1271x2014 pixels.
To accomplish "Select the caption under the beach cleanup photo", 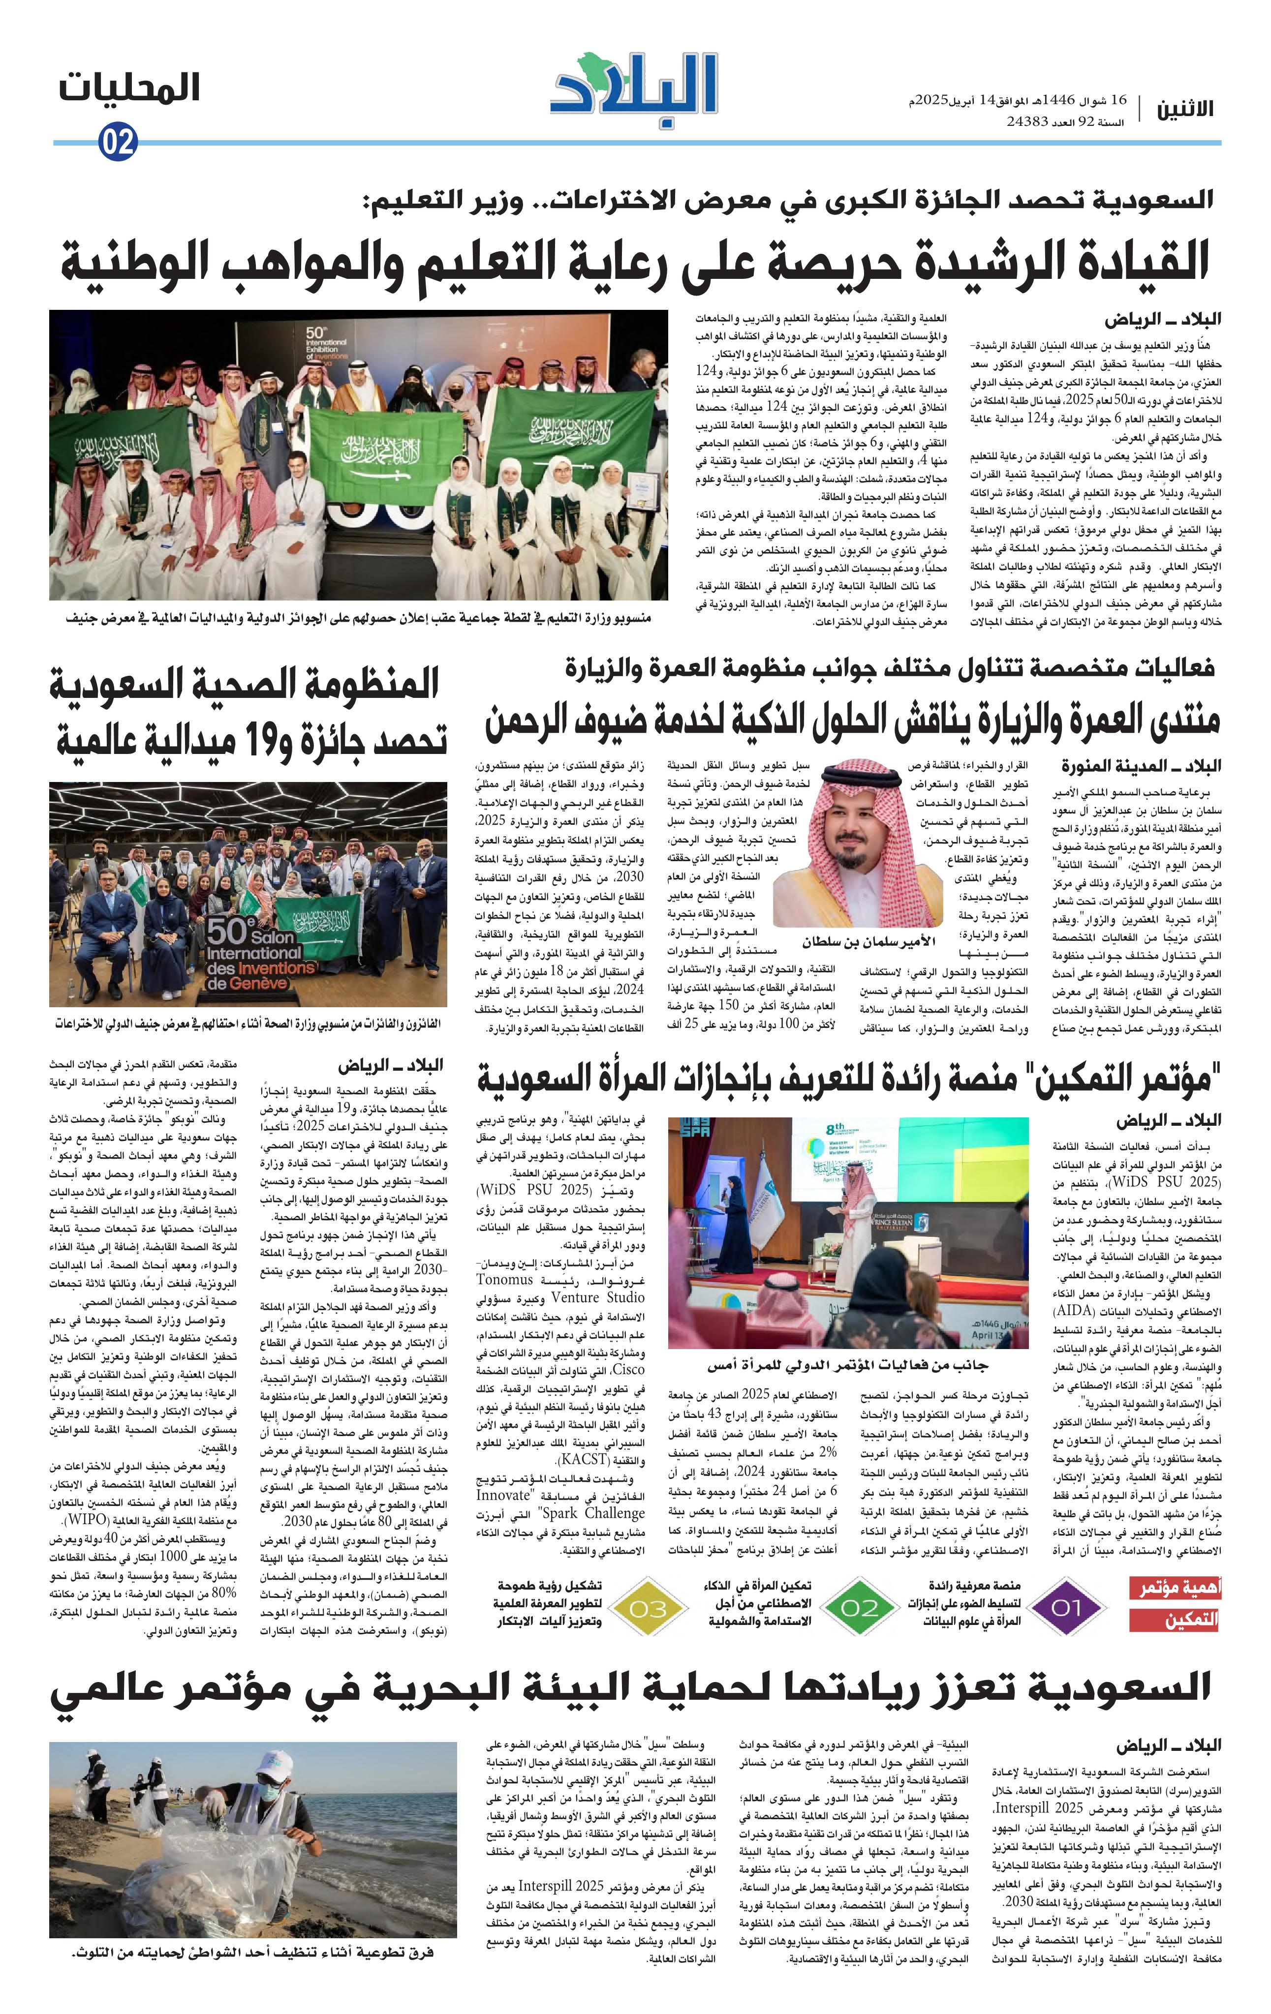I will [x=253, y=1953].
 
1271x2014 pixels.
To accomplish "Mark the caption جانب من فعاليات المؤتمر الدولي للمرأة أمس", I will [x=847, y=1365].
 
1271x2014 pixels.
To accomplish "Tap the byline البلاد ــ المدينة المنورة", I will [x=1141, y=765].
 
